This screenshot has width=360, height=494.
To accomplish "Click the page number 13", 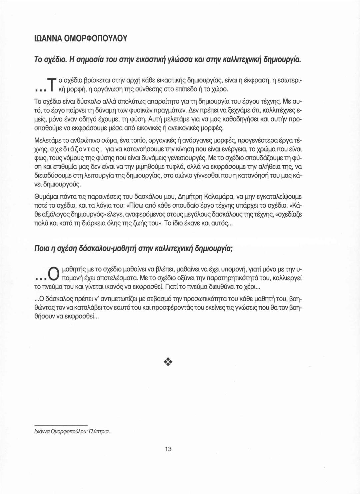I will (168, 449).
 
